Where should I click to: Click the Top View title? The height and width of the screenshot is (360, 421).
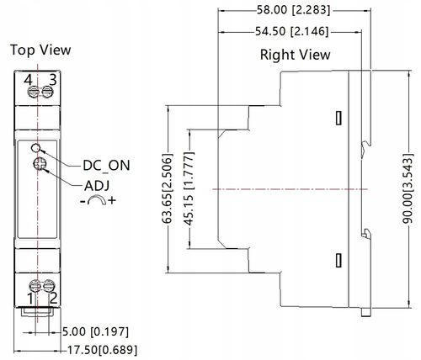40,50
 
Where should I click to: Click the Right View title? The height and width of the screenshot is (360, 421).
295,55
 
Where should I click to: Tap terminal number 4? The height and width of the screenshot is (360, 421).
28,80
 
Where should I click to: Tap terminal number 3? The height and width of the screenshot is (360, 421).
53,80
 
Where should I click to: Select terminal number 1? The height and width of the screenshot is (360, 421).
30,299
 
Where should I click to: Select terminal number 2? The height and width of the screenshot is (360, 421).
53,298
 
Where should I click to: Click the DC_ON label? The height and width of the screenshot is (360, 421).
107,166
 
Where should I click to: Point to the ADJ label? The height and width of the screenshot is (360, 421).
97,186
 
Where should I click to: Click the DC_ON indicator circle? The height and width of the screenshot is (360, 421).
36,148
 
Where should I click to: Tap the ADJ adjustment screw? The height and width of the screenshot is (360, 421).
39,164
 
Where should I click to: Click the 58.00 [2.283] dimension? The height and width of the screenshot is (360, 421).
293,10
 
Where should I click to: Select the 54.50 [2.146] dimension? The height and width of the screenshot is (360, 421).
291,31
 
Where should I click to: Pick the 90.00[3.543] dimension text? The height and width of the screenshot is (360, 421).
408,188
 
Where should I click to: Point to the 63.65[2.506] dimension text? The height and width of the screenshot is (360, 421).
167,188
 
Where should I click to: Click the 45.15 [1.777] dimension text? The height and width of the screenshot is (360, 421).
189,188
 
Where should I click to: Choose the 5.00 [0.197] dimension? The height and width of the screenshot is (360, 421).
95,331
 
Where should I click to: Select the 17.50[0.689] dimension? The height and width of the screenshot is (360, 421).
103,350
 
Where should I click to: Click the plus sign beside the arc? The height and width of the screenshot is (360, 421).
112,200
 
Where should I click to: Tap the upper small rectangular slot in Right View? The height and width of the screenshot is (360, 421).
338,118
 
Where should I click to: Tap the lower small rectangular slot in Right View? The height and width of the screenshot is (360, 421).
338,260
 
